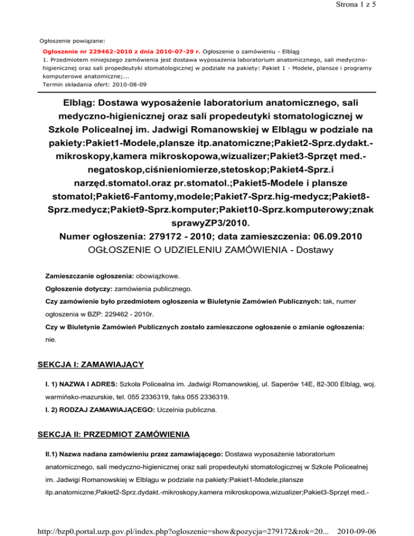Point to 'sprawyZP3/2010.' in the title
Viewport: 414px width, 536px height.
[x=207, y=222]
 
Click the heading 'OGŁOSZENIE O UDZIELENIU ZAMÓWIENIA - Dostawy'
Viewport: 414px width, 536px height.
[x=207, y=250]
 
